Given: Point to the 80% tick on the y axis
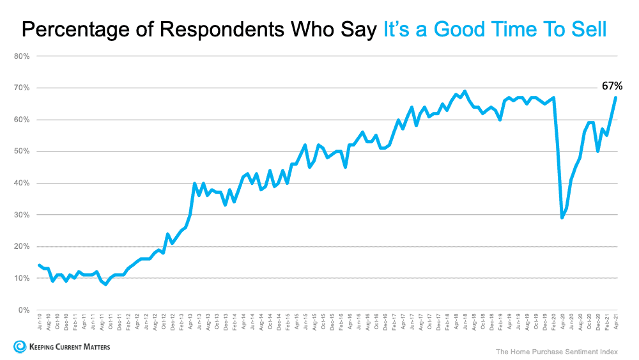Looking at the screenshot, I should [x=22, y=56].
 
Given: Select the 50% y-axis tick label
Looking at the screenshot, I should [x=22, y=152].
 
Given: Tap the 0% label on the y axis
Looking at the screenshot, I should [x=24, y=310].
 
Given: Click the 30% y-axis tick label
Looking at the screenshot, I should [x=22, y=215].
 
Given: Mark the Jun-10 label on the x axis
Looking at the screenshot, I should [x=40, y=324].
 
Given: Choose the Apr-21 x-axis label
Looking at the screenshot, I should [x=615, y=324].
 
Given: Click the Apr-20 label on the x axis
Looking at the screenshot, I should [x=562, y=324].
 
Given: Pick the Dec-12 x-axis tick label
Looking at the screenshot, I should [x=173, y=324].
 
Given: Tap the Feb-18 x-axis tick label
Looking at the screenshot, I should [x=447, y=324].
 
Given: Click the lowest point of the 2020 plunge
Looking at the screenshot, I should [x=562, y=218].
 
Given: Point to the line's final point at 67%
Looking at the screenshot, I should [x=615, y=97].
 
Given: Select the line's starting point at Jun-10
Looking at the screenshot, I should [x=40, y=265].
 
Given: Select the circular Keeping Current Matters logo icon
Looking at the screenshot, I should [x=19, y=347].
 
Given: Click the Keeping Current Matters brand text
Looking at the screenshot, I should [x=68, y=347].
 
